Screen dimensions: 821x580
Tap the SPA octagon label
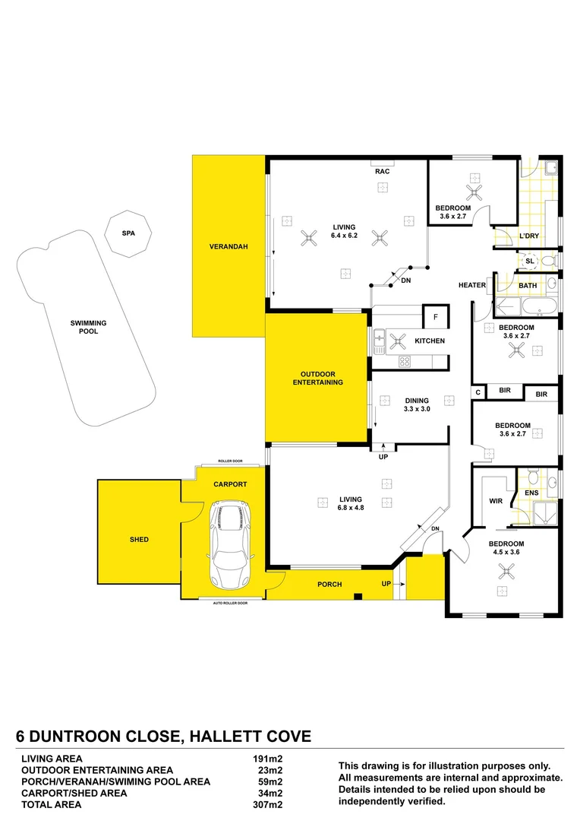[128, 233]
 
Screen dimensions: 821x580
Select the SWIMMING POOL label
[89, 328]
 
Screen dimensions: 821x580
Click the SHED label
[139, 540]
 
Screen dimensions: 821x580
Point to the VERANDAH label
[229, 247]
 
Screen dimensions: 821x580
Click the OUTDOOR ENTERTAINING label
[318, 378]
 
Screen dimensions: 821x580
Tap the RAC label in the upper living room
[382, 172]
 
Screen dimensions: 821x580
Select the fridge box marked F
[436, 316]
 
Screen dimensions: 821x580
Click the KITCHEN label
[429, 341]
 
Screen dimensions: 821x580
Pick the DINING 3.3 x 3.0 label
[417, 404]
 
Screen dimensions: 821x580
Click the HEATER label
[471, 286]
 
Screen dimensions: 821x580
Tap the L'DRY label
[529, 236]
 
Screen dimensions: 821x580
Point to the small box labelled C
[478, 393]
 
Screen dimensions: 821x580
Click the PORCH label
[329, 585]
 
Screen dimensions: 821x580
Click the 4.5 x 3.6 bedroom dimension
[506, 553]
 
